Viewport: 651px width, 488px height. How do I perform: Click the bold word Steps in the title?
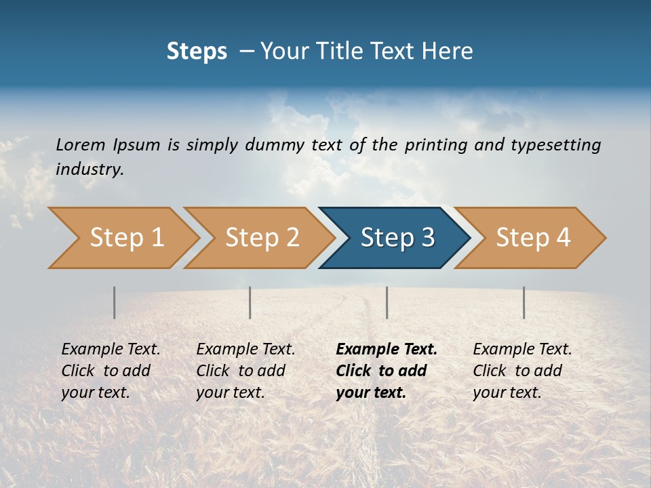coord(197,52)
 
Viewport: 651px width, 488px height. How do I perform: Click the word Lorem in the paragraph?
coord(81,144)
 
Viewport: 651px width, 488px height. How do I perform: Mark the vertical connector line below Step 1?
coord(114,302)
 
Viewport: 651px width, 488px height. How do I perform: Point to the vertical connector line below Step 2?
coord(250,302)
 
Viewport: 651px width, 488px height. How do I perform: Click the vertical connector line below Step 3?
coord(387,302)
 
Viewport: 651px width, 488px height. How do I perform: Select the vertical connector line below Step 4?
coord(524,302)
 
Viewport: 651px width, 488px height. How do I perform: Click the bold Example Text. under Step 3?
coord(387,349)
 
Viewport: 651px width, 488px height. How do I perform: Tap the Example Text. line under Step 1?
coord(111,349)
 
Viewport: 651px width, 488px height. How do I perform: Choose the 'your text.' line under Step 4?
coord(507,392)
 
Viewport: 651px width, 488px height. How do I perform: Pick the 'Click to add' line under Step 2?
coord(241,371)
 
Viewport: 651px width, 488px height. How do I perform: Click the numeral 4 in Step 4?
coord(562,238)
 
